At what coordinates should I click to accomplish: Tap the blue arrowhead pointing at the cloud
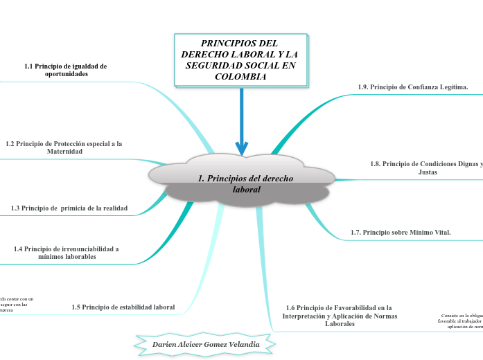point(242,148)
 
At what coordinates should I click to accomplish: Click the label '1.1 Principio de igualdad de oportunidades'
point(66,70)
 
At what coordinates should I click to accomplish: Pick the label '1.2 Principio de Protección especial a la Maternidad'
point(64,147)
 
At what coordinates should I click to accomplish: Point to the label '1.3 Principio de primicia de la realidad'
point(69,208)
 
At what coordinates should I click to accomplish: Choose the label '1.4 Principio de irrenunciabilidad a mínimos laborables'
point(67,252)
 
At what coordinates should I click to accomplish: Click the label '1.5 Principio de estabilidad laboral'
point(123,307)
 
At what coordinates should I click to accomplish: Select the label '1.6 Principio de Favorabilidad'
point(338,316)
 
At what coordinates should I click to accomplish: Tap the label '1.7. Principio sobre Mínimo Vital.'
point(401,233)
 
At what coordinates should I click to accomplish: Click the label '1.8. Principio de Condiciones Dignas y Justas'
point(427,168)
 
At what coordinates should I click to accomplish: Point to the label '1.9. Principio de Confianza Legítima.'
point(412,87)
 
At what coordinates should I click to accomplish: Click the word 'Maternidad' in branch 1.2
point(64,152)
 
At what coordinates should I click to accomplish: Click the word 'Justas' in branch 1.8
point(428,172)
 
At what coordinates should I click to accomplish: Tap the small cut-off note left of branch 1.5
point(15,305)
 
